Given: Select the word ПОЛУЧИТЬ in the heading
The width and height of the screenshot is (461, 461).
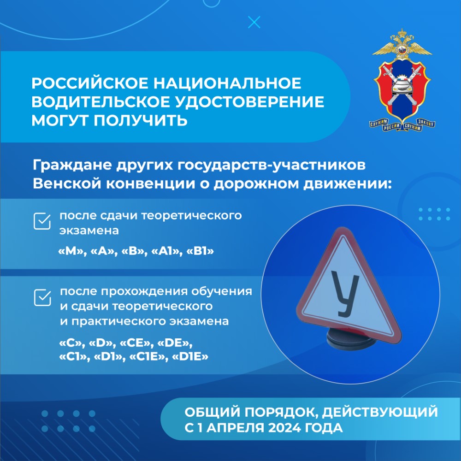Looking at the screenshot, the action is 140,120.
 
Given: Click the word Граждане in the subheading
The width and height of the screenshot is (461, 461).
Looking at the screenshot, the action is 72,165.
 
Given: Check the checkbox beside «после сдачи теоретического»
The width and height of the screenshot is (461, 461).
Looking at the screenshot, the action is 42,221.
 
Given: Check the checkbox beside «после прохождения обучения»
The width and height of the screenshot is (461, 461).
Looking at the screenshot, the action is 42,297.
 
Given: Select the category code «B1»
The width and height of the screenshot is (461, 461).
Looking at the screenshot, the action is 200,251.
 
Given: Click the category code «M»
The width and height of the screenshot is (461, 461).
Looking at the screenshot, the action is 71,251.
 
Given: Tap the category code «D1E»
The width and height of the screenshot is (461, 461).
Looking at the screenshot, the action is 190,357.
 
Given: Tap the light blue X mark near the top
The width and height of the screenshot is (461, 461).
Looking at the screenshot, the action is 254,22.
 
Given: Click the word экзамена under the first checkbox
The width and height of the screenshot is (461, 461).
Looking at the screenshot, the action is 89,230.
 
